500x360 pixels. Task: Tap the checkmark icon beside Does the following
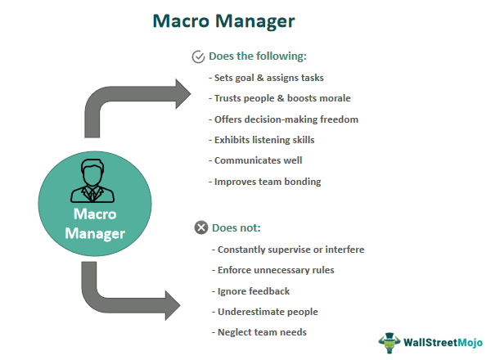[x=197, y=57]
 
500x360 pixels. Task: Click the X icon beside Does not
[x=201, y=227]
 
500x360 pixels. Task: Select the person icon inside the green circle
[x=94, y=182]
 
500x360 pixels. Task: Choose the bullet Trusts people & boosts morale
[x=282, y=98]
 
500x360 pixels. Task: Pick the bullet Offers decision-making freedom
[x=285, y=119]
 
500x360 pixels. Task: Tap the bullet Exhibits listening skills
[x=263, y=140]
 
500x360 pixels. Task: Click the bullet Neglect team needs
[x=263, y=332]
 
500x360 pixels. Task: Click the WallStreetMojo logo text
[x=447, y=341]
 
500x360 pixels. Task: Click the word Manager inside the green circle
[x=95, y=235]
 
